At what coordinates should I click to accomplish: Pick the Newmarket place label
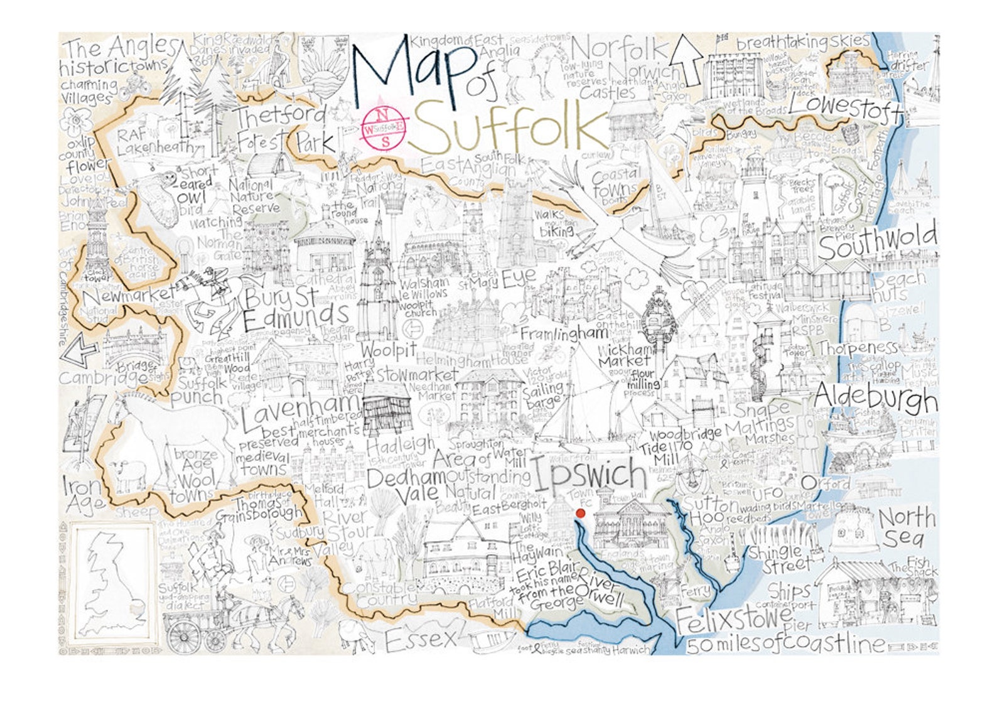coord(129,295)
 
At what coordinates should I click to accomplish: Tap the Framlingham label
coord(564,334)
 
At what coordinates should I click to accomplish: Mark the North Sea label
coord(906,527)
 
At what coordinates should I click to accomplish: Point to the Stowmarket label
coord(418,375)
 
